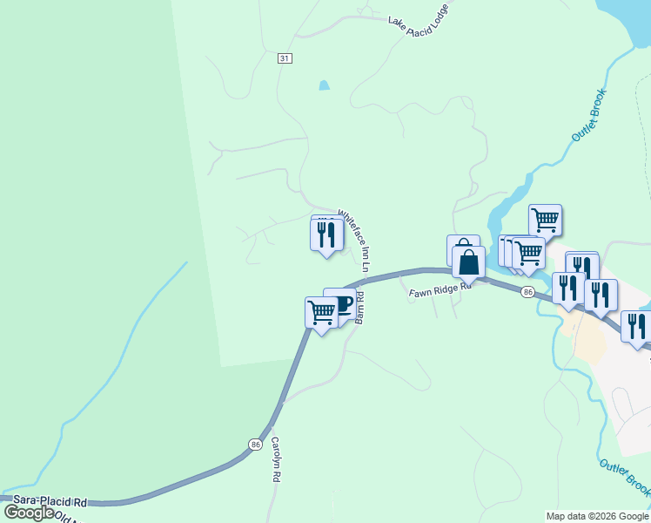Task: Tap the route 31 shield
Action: click(x=285, y=58)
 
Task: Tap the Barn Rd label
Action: click(x=358, y=308)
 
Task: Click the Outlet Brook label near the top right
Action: click(x=588, y=115)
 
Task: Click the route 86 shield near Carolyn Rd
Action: click(x=254, y=444)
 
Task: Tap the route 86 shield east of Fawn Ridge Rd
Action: click(x=527, y=293)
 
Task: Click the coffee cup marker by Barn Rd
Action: click(x=340, y=303)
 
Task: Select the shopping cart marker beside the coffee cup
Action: click(x=321, y=311)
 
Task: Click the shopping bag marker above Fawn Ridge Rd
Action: click(x=468, y=261)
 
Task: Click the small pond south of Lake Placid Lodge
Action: click(x=325, y=85)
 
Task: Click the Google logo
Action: click(x=30, y=513)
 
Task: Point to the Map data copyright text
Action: click(x=597, y=516)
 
